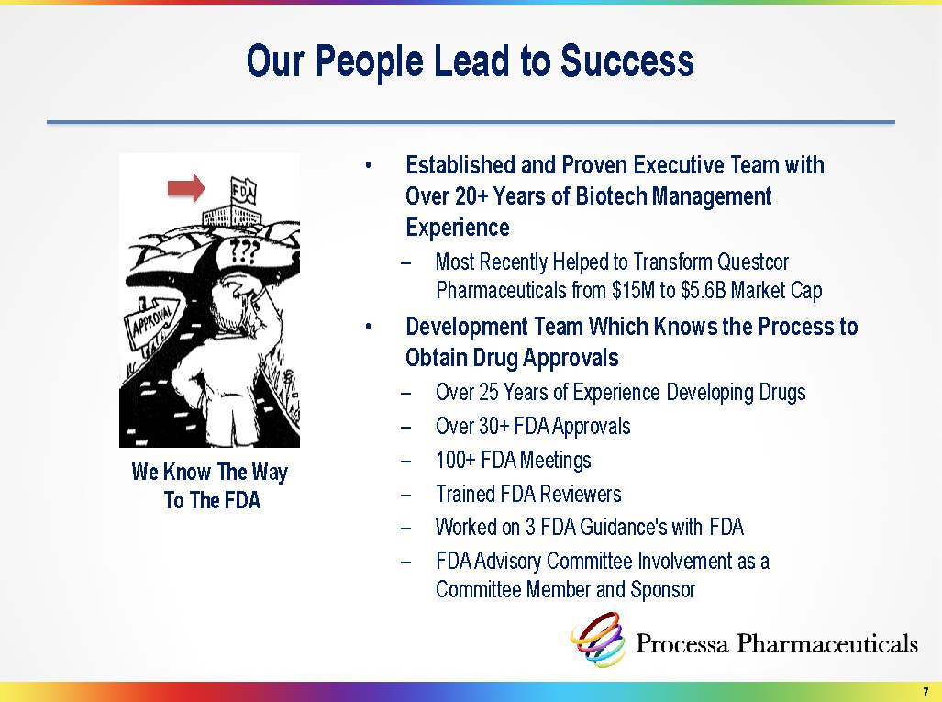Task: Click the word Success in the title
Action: pos(626,61)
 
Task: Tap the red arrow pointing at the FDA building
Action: pos(186,188)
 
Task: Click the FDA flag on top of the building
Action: pos(244,192)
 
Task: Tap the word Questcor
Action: pos(753,262)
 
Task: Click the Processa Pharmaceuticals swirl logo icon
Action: pos(597,640)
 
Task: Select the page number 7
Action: pos(925,692)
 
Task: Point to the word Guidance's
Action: pos(621,527)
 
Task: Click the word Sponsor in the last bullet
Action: pos(662,590)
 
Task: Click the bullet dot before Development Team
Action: pos(368,327)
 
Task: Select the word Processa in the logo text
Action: pos(682,643)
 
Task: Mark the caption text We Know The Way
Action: pos(210,473)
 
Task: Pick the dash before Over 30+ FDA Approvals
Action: pos(406,428)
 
